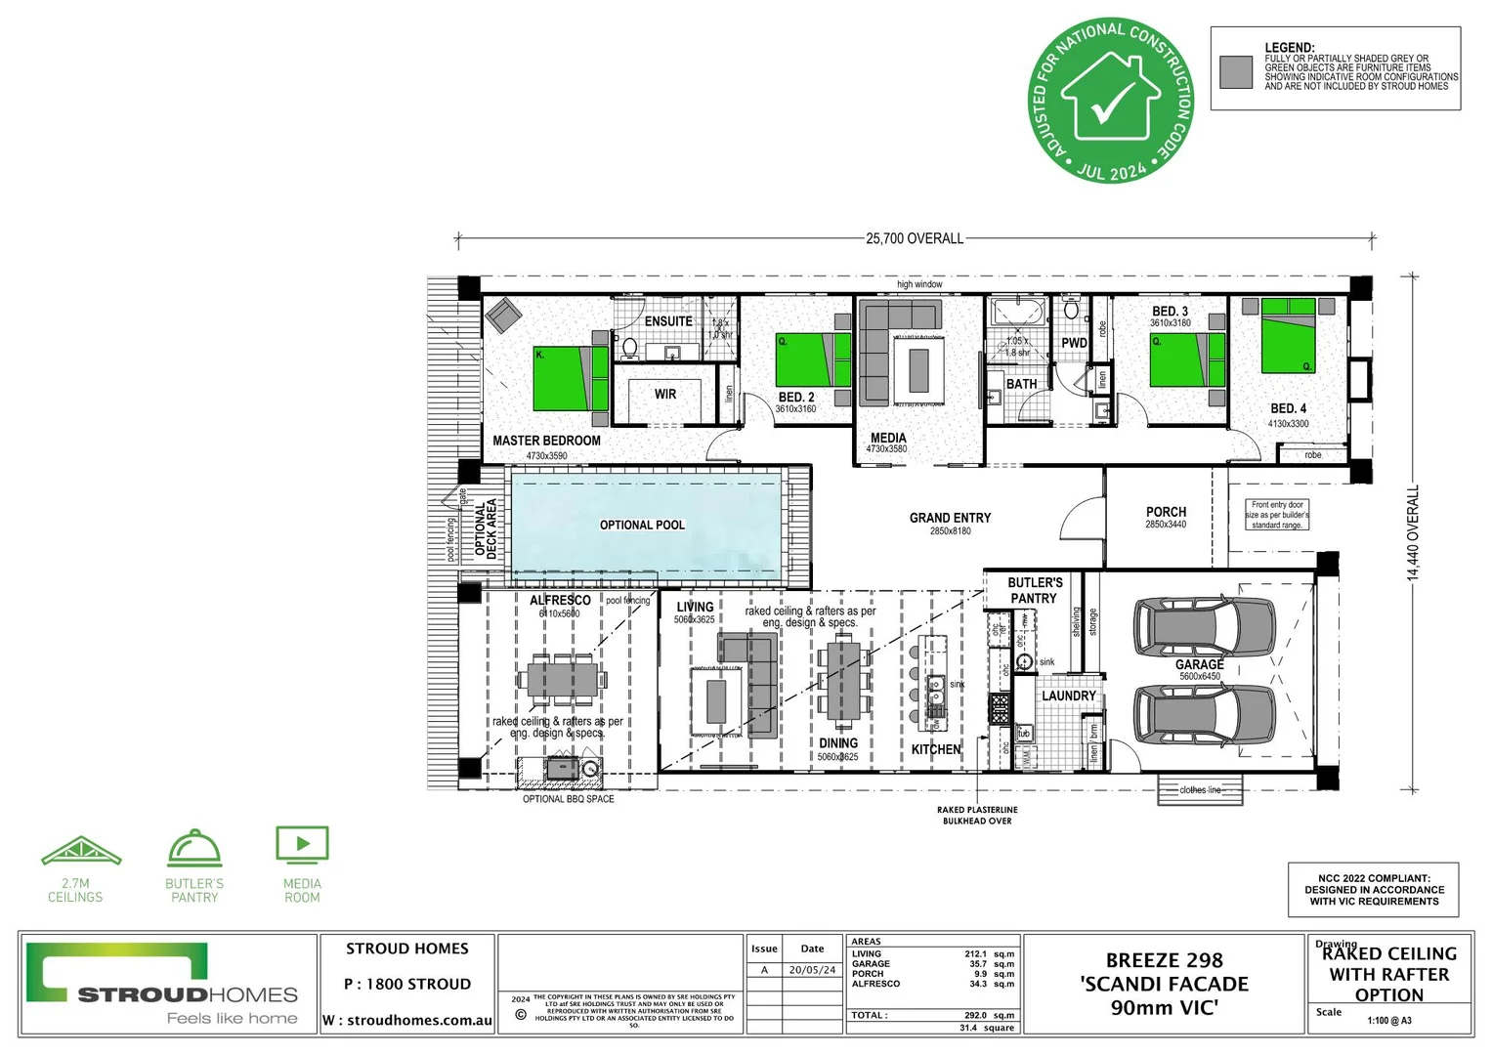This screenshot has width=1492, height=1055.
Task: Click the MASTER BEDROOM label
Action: click(x=546, y=441)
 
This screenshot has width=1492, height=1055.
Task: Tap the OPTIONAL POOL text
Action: click(x=642, y=526)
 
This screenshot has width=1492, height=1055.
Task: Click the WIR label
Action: click(x=665, y=395)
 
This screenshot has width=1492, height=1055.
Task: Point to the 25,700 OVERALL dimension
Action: click(x=915, y=238)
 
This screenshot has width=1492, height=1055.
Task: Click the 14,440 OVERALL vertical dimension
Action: click(x=1413, y=533)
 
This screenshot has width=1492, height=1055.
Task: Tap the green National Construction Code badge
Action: click(x=1111, y=101)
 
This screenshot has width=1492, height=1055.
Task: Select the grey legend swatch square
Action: click(x=1236, y=72)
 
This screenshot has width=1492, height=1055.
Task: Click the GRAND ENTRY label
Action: click(x=950, y=519)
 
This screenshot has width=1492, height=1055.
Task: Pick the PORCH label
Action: click(x=1166, y=512)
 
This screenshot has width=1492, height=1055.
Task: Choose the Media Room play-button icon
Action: click(x=302, y=845)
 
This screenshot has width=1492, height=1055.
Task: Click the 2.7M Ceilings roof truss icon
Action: click(x=81, y=852)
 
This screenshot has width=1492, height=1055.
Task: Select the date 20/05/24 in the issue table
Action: click(x=812, y=970)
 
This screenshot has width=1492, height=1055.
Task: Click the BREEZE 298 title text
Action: click(x=1164, y=961)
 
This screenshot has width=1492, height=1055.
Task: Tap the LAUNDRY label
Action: click(x=1068, y=696)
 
